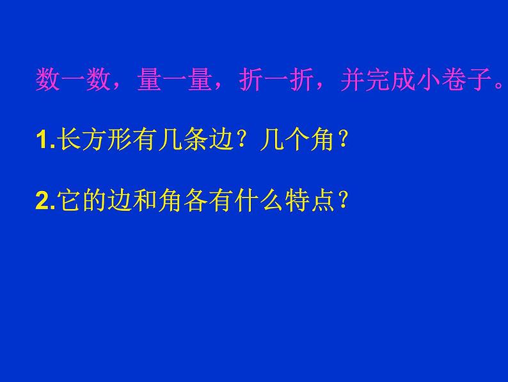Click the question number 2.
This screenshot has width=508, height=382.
41,203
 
